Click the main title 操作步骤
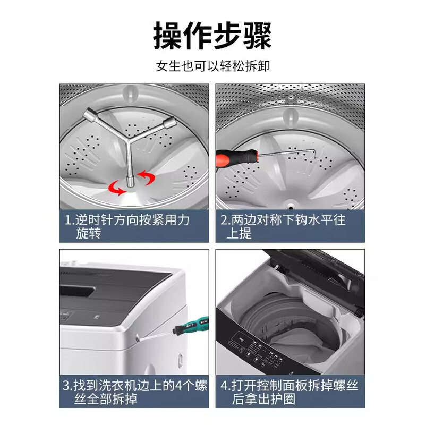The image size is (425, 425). [212, 36]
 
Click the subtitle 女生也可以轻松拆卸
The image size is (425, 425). [212, 67]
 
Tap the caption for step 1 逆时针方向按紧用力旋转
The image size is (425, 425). [127, 226]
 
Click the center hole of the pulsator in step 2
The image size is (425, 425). [291, 202]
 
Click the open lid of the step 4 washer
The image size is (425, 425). [319, 266]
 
